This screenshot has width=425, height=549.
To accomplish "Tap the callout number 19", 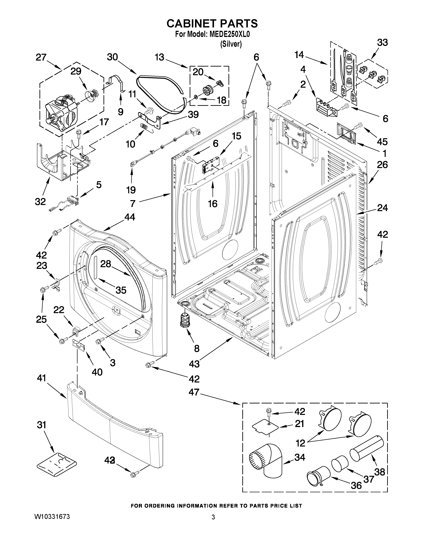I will coord(131,190).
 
